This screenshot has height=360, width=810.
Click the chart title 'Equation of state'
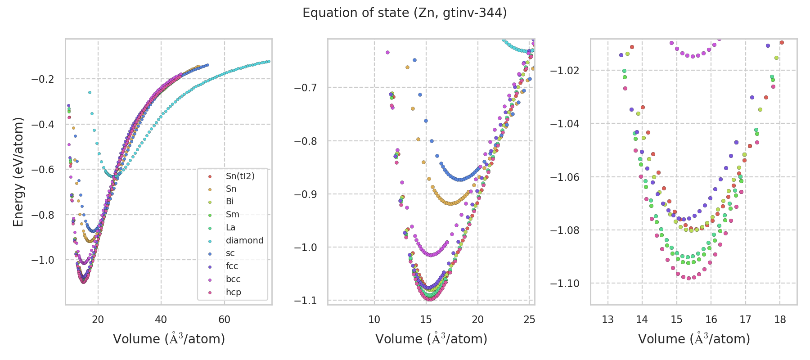405,13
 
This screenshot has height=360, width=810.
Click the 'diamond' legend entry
244,240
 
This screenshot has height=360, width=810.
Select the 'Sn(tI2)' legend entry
240,176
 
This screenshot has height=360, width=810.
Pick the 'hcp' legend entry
233,292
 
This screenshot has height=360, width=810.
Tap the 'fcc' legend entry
232,266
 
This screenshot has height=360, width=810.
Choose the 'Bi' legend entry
229,202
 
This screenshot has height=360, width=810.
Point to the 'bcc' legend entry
233,279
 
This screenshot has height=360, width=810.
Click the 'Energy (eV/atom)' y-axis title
18,171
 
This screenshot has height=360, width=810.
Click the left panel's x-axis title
169,339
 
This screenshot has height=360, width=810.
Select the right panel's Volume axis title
694,339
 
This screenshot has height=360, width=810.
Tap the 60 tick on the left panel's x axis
224,319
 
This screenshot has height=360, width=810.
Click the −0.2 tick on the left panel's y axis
43,79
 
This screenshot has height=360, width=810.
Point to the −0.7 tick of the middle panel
306,87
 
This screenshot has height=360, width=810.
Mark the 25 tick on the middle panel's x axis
529,319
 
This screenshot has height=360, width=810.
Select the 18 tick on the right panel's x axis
780,319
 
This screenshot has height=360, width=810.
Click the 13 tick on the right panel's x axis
608,319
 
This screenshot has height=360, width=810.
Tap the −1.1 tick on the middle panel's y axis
306,300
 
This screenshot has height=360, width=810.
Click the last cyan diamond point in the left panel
269,61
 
